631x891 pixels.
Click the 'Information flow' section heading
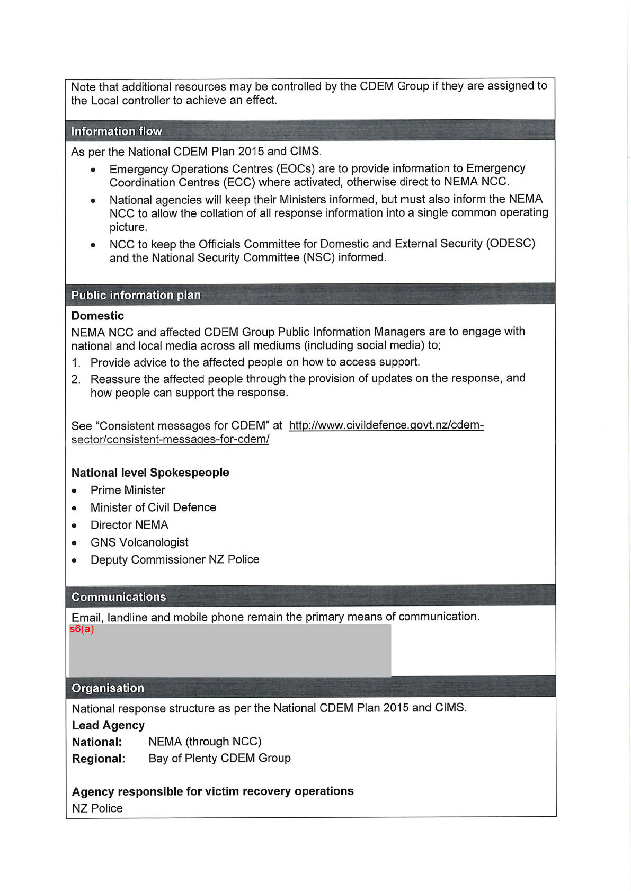coord(117,131)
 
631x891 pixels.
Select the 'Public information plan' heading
coord(136,295)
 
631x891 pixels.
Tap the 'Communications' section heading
coord(119,597)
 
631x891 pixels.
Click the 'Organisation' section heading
coord(108,688)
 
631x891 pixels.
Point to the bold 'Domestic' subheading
coord(97,316)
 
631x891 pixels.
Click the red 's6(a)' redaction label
coord(82,629)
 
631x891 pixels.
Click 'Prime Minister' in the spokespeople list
coord(128,490)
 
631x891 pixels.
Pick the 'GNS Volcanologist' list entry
coord(139,542)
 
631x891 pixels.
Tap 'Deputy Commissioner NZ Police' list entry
coord(175,560)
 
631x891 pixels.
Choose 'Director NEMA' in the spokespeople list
coord(129,525)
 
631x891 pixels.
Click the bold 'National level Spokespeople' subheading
coord(150,473)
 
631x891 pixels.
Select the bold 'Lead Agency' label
coord(108,725)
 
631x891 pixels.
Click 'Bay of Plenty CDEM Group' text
coord(219,758)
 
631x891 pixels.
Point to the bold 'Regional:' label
coord(99,759)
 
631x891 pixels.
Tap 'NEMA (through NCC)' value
coord(205,742)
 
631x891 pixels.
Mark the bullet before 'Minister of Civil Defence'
coord(75,508)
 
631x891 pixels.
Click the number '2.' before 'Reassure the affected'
coord(76,379)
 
